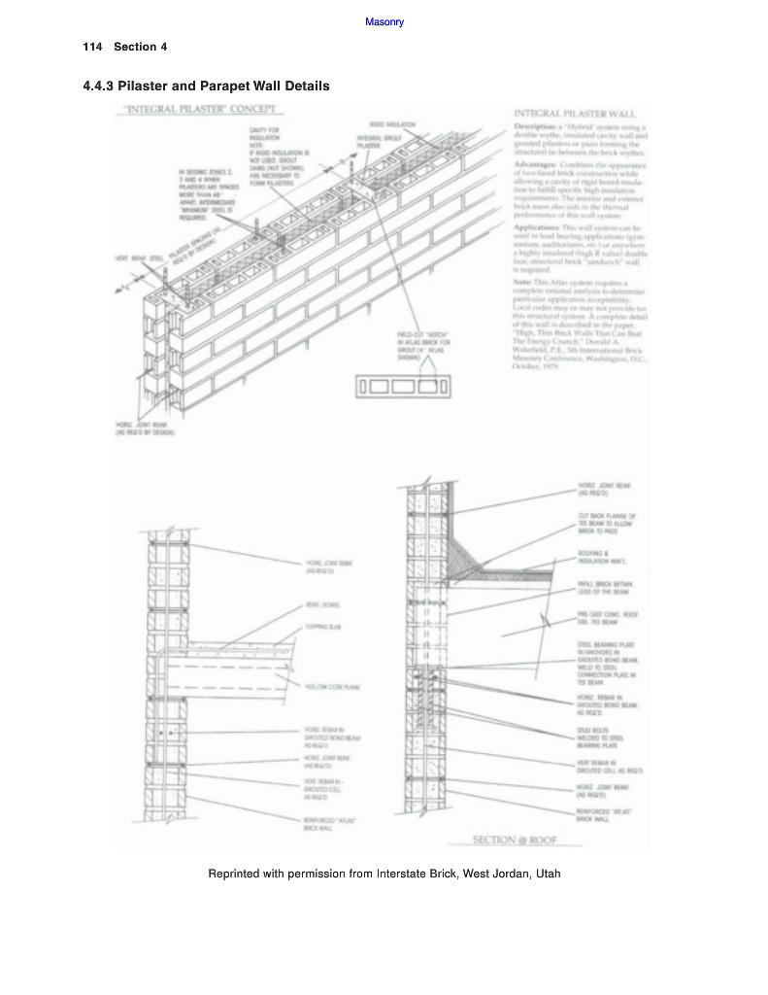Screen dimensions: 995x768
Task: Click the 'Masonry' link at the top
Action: click(x=384, y=21)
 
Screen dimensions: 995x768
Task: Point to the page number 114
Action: click(x=93, y=48)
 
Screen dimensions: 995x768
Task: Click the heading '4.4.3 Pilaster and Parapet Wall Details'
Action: click(x=207, y=86)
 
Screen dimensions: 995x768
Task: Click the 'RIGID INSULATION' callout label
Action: click(x=392, y=124)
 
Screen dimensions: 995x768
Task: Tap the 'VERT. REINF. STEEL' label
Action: click(x=133, y=257)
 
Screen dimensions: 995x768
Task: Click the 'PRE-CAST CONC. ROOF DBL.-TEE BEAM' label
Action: click(x=608, y=618)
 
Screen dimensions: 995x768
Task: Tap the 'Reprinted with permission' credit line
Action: click(x=384, y=874)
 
